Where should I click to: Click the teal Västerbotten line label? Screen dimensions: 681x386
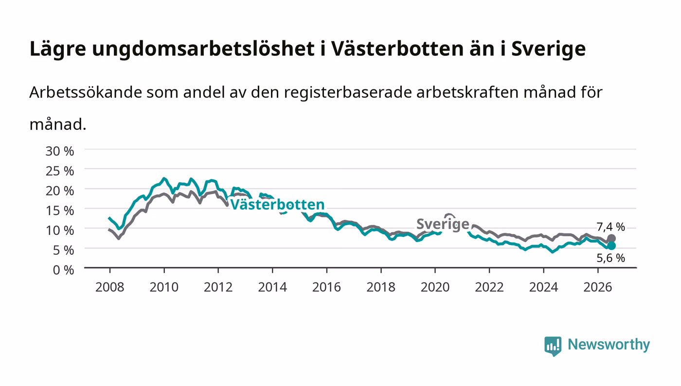pyautogui.click(x=277, y=205)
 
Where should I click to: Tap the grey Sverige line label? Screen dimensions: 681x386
pyautogui.click(x=443, y=224)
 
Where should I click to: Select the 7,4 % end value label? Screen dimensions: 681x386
pyautogui.click(x=610, y=227)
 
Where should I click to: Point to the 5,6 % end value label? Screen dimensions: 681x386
pyautogui.click(x=610, y=258)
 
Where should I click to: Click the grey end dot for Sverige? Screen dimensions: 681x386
pyautogui.click(x=611, y=239)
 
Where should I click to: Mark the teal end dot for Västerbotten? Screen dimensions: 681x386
pyautogui.click(x=611, y=246)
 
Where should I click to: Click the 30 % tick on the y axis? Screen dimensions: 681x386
pyautogui.click(x=59, y=151)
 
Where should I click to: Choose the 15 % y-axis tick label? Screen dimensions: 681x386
pyautogui.click(x=59, y=211)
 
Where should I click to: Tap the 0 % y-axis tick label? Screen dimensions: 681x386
pyautogui.click(x=63, y=270)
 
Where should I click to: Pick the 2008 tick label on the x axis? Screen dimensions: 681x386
pyautogui.click(x=110, y=287)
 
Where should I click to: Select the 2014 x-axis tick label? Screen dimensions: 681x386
pyautogui.click(x=272, y=287)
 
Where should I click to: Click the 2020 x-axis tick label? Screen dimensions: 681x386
pyautogui.click(x=435, y=287)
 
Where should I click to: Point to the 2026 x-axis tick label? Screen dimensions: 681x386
pyautogui.click(x=598, y=287)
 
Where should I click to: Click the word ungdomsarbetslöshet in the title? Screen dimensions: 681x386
pyautogui.click(x=203, y=49)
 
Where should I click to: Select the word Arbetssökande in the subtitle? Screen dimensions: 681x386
pyautogui.click(x=86, y=92)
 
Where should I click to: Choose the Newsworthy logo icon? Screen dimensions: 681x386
pyautogui.click(x=553, y=346)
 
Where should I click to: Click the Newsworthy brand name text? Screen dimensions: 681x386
pyautogui.click(x=609, y=345)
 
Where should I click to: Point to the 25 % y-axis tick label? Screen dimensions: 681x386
pyautogui.click(x=59, y=171)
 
